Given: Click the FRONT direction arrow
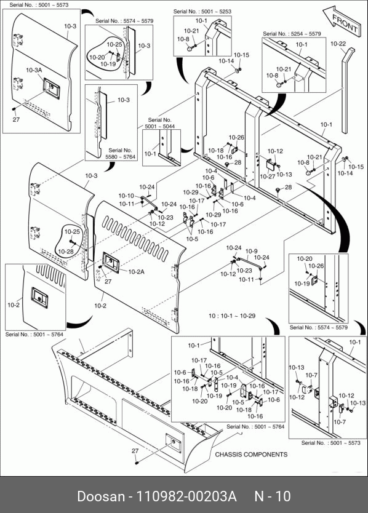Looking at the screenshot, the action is pyautogui.click(x=341, y=21).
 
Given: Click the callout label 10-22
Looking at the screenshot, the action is pyautogui.click(x=338, y=44).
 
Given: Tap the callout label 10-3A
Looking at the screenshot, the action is pyautogui.click(x=34, y=70).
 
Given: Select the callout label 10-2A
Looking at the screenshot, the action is pyautogui.click(x=136, y=271).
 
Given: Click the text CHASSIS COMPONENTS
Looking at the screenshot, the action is pyautogui.click(x=251, y=455).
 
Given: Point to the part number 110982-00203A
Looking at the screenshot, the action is pyautogui.click(x=186, y=496).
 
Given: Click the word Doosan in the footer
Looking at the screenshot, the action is pyautogui.click(x=101, y=496).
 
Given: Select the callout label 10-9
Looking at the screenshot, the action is pyautogui.click(x=251, y=251).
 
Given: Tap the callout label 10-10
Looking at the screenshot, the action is pyautogui.click(x=126, y=196).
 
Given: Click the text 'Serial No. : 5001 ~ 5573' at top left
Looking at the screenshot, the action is pyautogui.click(x=39, y=5).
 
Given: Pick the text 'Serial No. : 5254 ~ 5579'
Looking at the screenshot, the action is pyautogui.click(x=292, y=34).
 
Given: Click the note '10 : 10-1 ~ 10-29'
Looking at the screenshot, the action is pyautogui.click(x=232, y=316).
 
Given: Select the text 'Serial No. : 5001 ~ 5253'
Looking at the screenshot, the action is pyautogui.click(x=202, y=12).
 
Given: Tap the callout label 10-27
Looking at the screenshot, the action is pyautogui.click(x=268, y=177).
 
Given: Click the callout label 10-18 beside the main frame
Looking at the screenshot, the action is pyautogui.click(x=215, y=151).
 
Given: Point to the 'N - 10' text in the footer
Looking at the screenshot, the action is pyautogui.click(x=273, y=496).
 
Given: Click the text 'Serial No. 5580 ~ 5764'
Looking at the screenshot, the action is pyautogui.click(x=120, y=153).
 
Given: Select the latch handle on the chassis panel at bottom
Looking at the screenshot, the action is pyautogui.click(x=173, y=443).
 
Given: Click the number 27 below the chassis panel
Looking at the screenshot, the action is pyautogui.click(x=135, y=451).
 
